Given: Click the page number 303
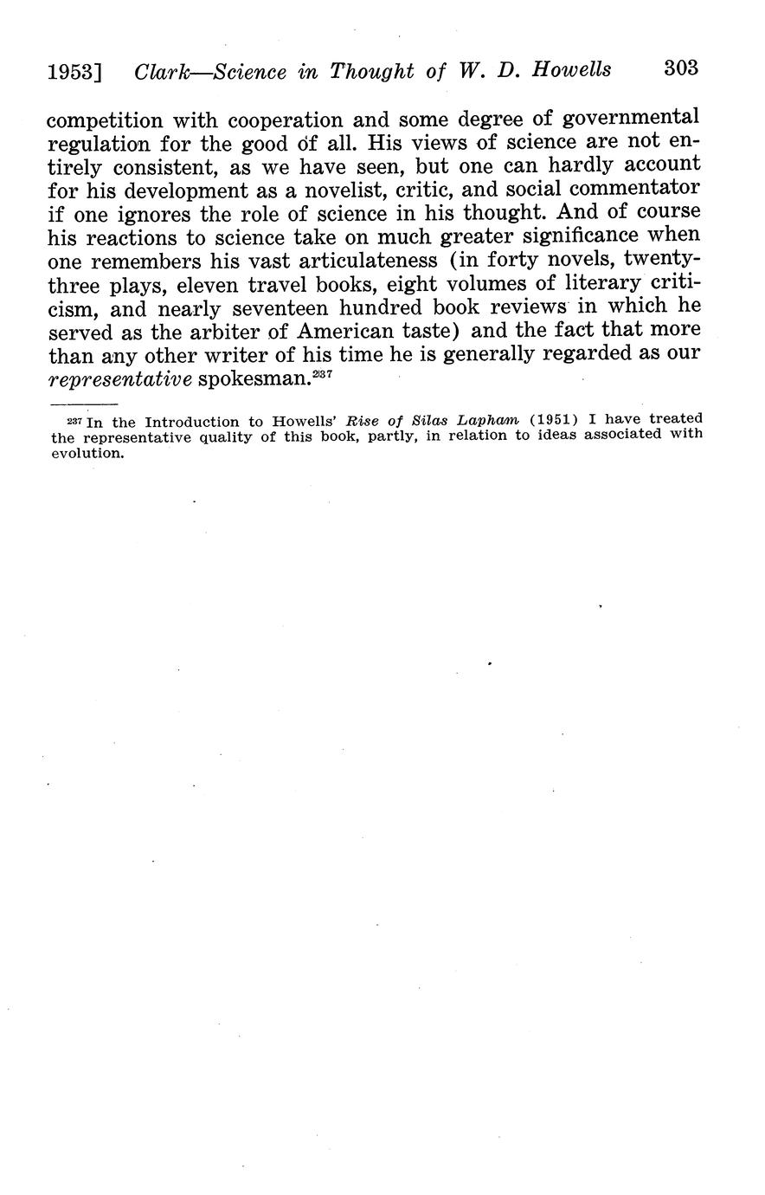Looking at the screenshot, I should (x=680, y=69).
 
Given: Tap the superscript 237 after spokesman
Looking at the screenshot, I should (x=323, y=373).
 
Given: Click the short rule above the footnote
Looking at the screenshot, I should (x=83, y=404).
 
